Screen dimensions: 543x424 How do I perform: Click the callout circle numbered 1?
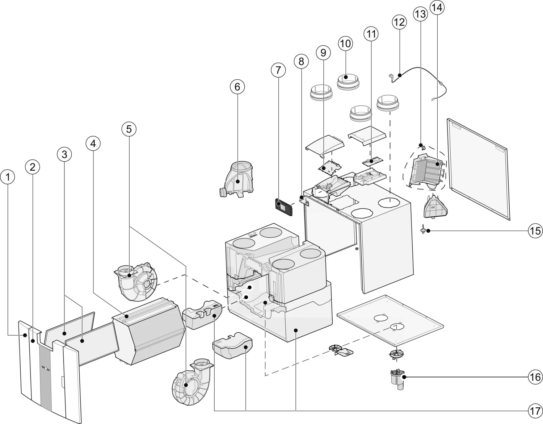(x=8, y=177)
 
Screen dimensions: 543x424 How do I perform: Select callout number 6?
(x=237, y=87)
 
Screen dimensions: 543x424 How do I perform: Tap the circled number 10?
(x=345, y=43)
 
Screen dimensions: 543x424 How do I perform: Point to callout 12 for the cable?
(x=399, y=22)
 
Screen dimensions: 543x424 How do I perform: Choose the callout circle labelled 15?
(x=535, y=230)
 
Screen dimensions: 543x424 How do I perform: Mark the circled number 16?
(x=535, y=377)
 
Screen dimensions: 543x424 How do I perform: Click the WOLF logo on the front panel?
(x=45, y=368)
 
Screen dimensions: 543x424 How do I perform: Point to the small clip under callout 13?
(x=422, y=146)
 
